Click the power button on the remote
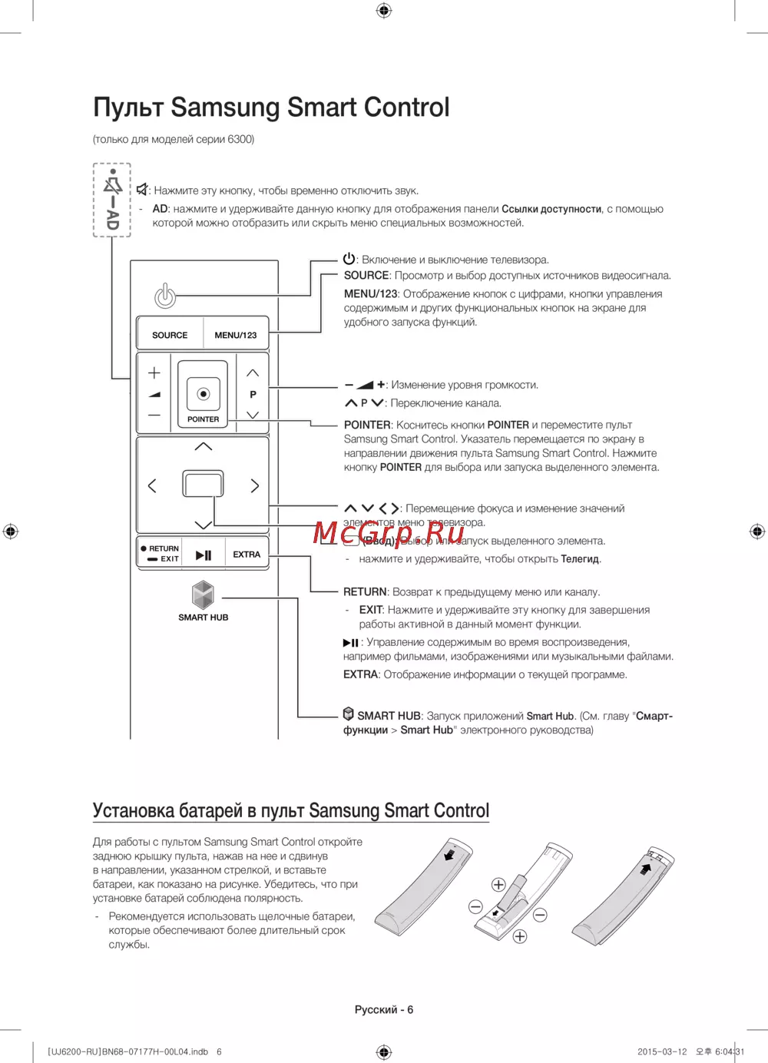[x=165, y=296]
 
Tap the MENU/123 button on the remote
[x=236, y=335]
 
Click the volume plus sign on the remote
[x=154, y=373]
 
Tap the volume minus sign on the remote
[x=154, y=416]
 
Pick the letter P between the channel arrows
[x=253, y=394]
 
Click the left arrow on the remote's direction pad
[x=152, y=485]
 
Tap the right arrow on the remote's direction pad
[x=254, y=485]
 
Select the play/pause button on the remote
[x=204, y=555]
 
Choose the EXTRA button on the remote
[x=247, y=555]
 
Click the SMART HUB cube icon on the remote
[x=203, y=594]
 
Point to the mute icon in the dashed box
[x=113, y=185]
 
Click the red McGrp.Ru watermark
[x=389, y=531]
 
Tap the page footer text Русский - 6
[x=383, y=1009]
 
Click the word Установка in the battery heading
[x=134, y=811]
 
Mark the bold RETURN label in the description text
[x=365, y=592]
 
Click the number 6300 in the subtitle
[x=240, y=139]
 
